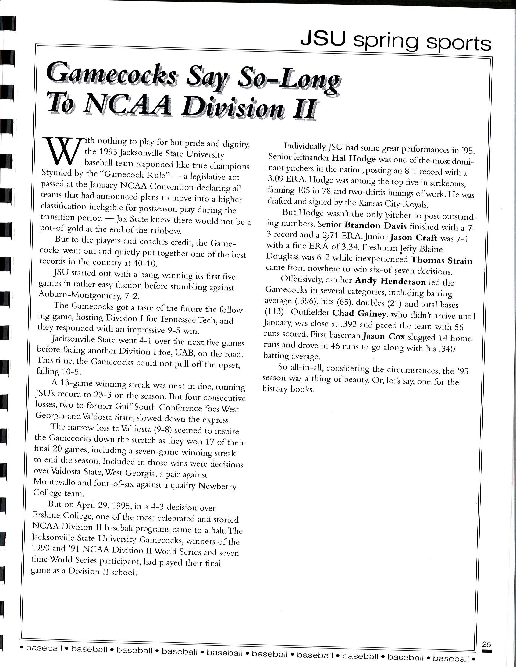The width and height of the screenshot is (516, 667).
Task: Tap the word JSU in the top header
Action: click(x=323, y=39)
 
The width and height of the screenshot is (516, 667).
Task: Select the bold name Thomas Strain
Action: click(x=441, y=261)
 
